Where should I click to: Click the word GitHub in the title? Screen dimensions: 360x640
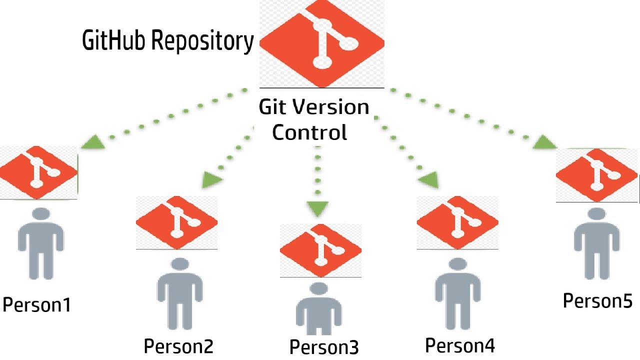click(x=114, y=40)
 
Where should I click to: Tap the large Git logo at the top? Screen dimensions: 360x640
click(x=322, y=44)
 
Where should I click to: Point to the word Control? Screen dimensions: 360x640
click(x=309, y=132)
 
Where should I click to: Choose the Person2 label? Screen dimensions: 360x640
click(x=179, y=345)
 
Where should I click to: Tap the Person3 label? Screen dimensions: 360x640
click(x=324, y=347)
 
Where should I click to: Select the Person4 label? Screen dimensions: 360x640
click(x=460, y=344)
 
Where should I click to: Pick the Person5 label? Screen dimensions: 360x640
click(x=598, y=301)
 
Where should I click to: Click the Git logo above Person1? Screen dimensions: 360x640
click(x=38, y=172)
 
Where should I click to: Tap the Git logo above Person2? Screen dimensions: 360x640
click(x=176, y=222)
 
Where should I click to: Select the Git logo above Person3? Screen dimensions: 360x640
click(x=320, y=250)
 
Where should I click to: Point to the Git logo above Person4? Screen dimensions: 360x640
click(x=457, y=222)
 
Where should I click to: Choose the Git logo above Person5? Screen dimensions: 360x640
click(x=597, y=175)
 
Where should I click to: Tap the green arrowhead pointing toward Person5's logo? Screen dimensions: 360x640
click(x=543, y=143)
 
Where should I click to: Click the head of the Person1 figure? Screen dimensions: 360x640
click(x=40, y=215)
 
